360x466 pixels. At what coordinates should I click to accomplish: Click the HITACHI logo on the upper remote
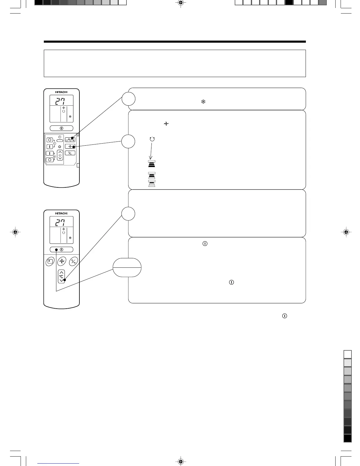[61, 92]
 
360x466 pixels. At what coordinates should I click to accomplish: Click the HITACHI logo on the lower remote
[61, 213]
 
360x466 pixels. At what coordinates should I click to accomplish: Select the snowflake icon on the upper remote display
[70, 116]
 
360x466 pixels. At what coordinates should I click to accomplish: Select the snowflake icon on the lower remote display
[70, 238]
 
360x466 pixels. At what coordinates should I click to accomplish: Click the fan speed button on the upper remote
[70, 146]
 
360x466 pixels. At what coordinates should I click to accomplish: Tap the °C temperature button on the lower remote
[61, 276]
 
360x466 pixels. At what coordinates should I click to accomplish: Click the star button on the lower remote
[50, 261]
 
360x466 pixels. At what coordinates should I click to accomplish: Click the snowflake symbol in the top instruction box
[203, 102]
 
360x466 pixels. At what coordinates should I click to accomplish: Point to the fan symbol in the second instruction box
[166, 124]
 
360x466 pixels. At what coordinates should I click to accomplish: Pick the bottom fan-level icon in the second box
[152, 184]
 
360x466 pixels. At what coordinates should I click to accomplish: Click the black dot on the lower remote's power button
[56, 250]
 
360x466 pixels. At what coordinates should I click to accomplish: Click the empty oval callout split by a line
[127, 267]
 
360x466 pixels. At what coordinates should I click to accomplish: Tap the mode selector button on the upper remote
[70, 139]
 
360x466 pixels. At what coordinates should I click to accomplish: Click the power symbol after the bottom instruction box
[284, 316]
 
